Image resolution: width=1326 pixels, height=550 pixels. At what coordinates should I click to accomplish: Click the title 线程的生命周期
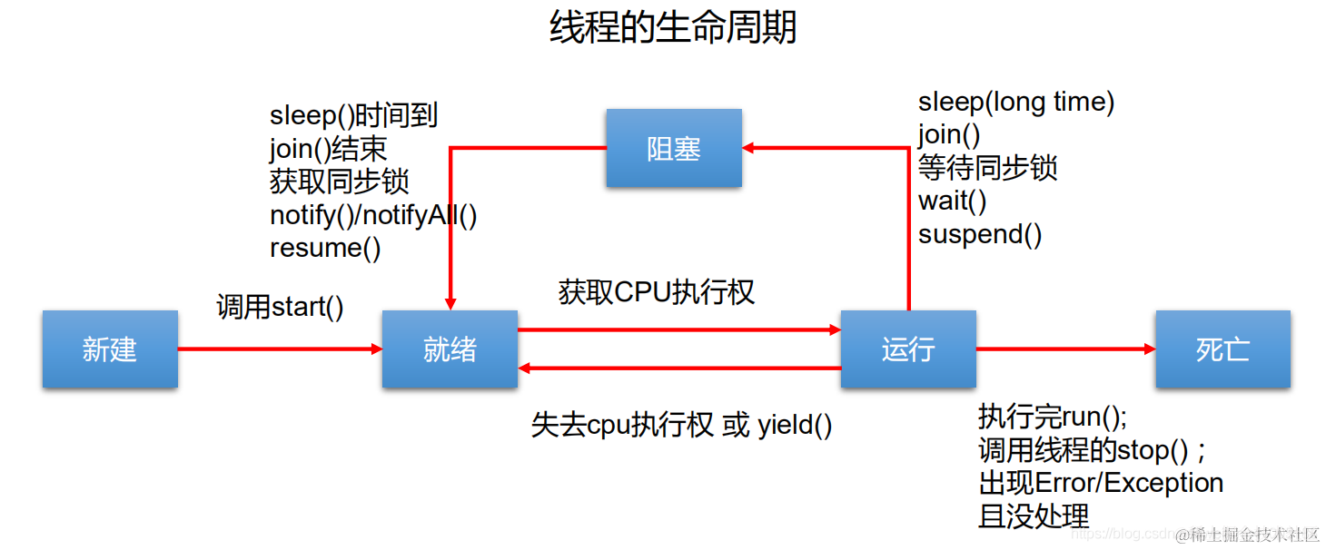click(673, 27)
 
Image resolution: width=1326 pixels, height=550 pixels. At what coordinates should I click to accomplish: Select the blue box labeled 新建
click(110, 349)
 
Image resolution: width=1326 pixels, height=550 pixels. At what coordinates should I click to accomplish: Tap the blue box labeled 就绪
click(450, 349)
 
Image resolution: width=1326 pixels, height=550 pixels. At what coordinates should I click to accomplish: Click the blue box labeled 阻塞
click(674, 148)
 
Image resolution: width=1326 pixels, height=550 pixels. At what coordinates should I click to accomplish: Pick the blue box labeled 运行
click(908, 349)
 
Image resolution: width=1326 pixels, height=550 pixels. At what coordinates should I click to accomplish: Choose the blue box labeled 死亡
click(1222, 349)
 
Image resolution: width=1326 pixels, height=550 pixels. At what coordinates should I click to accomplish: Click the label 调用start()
click(280, 307)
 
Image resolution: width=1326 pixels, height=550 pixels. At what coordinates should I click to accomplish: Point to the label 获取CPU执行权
click(657, 292)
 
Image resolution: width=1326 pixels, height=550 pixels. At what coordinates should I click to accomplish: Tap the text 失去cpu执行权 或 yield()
click(681, 425)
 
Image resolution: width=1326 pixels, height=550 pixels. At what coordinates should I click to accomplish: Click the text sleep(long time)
click(1016, 102)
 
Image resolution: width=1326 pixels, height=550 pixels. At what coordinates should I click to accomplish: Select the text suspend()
click(980, 234)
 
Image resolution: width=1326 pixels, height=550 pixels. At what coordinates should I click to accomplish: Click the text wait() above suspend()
click(952, 201)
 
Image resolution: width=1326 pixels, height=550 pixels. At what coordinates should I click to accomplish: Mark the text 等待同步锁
click(988, 168)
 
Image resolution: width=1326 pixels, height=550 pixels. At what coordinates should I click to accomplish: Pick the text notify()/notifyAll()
click(373, 215)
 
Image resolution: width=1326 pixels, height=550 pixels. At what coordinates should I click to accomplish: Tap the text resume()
click(325, 248)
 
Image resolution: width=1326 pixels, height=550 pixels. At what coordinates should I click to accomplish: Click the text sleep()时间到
click(354, 115)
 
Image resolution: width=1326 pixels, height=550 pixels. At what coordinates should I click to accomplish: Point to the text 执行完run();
click(1053, 417)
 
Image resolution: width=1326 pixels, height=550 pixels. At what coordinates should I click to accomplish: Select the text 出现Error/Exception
click(1101, 482)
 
